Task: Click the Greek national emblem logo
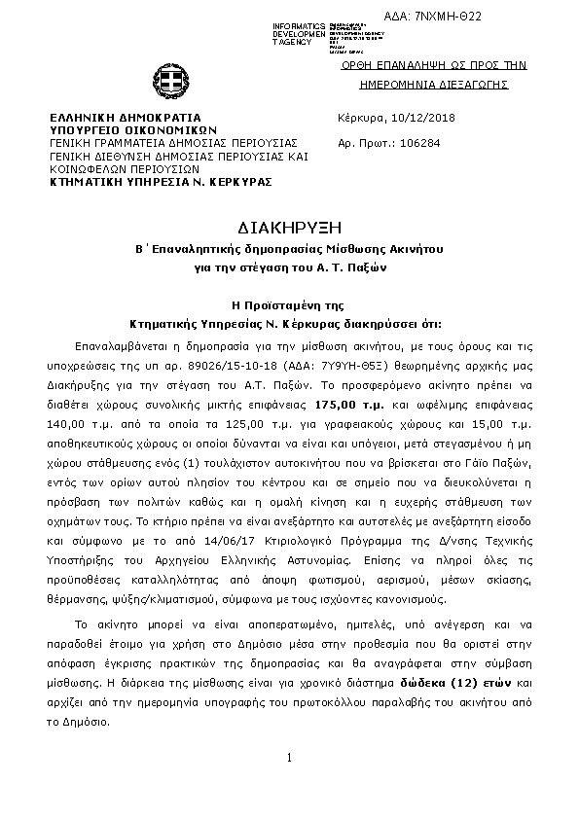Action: [163, 82]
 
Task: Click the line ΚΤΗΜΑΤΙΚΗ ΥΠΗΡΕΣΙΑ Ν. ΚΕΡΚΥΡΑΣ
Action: [161, 181]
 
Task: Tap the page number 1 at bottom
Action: [289, 758]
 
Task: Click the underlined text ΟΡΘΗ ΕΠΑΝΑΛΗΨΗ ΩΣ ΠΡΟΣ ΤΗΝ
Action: [434, 65]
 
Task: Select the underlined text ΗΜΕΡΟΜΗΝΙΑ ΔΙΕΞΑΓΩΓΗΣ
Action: [434, 86]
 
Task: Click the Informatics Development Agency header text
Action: [300, 32]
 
